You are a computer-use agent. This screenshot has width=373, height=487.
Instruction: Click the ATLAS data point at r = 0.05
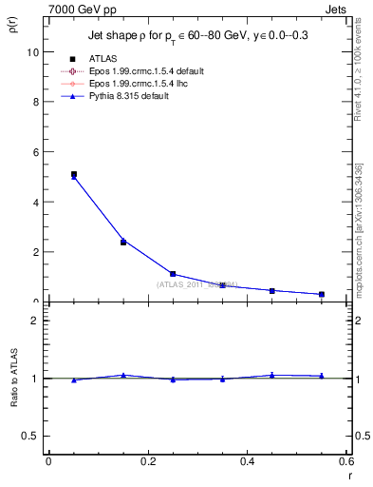click(x=74, y=174)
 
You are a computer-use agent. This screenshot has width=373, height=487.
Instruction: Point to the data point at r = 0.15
click(x=123, y=242)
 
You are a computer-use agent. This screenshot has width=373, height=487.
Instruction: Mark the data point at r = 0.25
click(x=173, y=274)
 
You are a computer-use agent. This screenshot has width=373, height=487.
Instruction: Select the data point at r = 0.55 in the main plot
click(x=322, y=294)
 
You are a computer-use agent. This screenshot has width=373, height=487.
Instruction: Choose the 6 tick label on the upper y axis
click(x=35, y=152)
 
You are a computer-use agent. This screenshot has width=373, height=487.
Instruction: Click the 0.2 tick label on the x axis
click(x=147, y=461)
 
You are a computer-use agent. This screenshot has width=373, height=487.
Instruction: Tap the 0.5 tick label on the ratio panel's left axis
click(x=30, y=436)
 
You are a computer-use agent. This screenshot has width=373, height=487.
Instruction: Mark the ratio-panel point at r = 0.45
click(x=272, y=375)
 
